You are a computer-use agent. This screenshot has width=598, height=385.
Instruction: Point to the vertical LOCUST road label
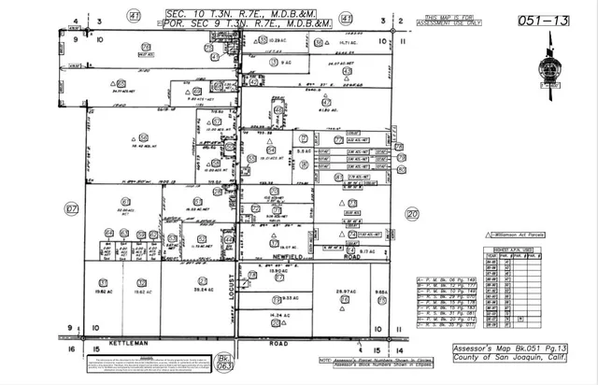tap(241, 279)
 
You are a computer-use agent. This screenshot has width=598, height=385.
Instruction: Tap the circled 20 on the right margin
tap(412, 212)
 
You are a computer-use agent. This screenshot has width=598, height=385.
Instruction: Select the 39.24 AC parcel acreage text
tap(200, 291)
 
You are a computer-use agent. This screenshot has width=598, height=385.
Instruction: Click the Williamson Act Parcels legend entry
tap(525, 235)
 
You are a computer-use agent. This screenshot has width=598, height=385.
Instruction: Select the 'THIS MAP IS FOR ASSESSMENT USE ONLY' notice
tap(454, 21)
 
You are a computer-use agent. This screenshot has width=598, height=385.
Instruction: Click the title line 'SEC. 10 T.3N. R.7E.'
tap(241, 14)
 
